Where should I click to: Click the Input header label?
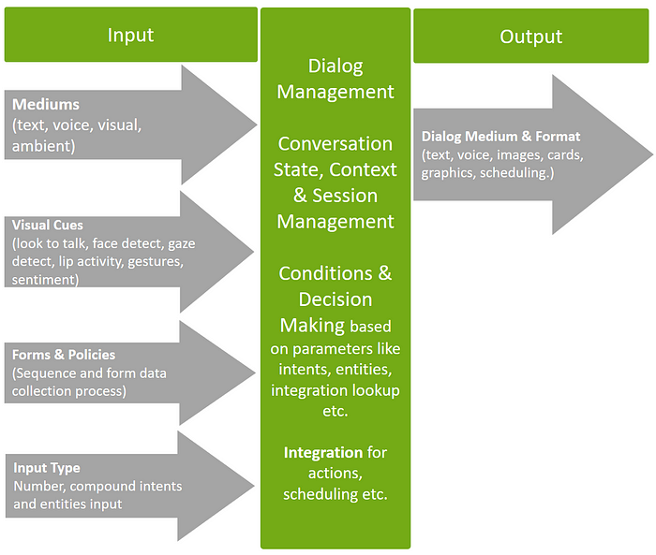coord(130,36)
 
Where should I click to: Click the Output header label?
coord(531,37)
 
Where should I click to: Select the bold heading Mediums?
coord(46,104)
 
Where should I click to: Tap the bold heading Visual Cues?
coord(47,225)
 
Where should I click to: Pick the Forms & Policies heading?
coord(64,355)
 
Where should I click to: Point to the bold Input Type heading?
coord(47,468)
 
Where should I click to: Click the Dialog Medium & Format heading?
coord(500,137)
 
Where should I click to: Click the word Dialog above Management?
coord(335,66)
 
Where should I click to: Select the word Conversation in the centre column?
coord(335,144)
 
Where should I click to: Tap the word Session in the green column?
coord(345,196)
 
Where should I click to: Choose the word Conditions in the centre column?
coord(325,273)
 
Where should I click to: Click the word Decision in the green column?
coord(335,299)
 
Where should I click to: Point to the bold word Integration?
coord(323,453)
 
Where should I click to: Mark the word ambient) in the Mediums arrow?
coord(43,146)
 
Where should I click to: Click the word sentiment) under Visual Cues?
coord(45,279)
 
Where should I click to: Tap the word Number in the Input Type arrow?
coord(39,486)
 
